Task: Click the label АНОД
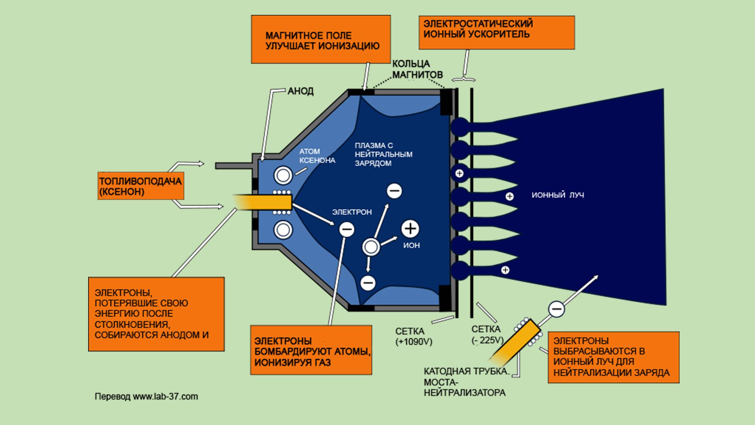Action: [300, 91]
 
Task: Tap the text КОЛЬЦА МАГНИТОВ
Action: [417, 69]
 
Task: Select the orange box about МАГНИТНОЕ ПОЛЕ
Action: [321, 39]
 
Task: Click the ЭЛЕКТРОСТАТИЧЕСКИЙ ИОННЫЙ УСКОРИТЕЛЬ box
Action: [496, 32]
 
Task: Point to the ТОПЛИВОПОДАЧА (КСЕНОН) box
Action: [141, 186]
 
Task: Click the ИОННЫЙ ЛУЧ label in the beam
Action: [557, 195]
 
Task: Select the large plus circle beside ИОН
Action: [410, 228]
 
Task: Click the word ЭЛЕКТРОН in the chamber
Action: [351, 212]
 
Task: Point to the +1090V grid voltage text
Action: [414, 342]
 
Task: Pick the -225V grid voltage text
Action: [487, 340]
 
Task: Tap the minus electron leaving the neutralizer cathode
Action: [556, 309]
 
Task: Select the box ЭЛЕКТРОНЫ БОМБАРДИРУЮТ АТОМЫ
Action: [311, 350]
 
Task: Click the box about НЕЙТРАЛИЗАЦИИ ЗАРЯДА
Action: [613, 357]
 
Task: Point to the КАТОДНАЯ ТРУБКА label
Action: [466, 372]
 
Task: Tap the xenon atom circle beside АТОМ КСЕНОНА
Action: [283, 175]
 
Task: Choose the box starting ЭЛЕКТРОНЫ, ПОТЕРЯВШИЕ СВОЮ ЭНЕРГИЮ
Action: [156, 314]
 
